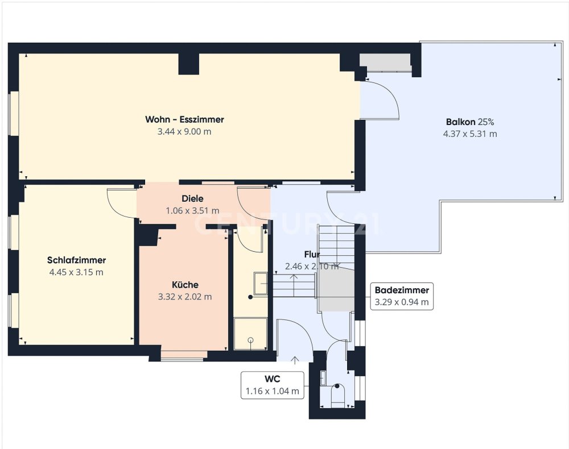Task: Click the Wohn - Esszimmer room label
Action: click(x=184, y=119)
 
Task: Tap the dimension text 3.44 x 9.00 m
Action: click(x=184, y=131)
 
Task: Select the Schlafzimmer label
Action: click(x=77, y=260)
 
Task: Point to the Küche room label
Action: click(x=185, y=285)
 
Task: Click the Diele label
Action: click(x=192, y=198)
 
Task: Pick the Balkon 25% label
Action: click(x=470, y=122)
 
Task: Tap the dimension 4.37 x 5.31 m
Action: click(x=470, y=134)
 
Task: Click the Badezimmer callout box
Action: click(x=402, y=296)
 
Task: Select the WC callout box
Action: click(x=273, y=385)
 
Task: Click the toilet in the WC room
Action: click(x=337, y=394)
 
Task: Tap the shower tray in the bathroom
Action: click(x=250, y=334)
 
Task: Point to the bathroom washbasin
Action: click(x=261, y=283)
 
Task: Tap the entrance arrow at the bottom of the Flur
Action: click(x=295, y=360)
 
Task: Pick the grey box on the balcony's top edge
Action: click(x=385, y=63)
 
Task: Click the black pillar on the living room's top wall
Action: click(x=189, y=64)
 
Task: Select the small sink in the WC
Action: click(x=323, y=378)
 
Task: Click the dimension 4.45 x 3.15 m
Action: click(x=76, y=272)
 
